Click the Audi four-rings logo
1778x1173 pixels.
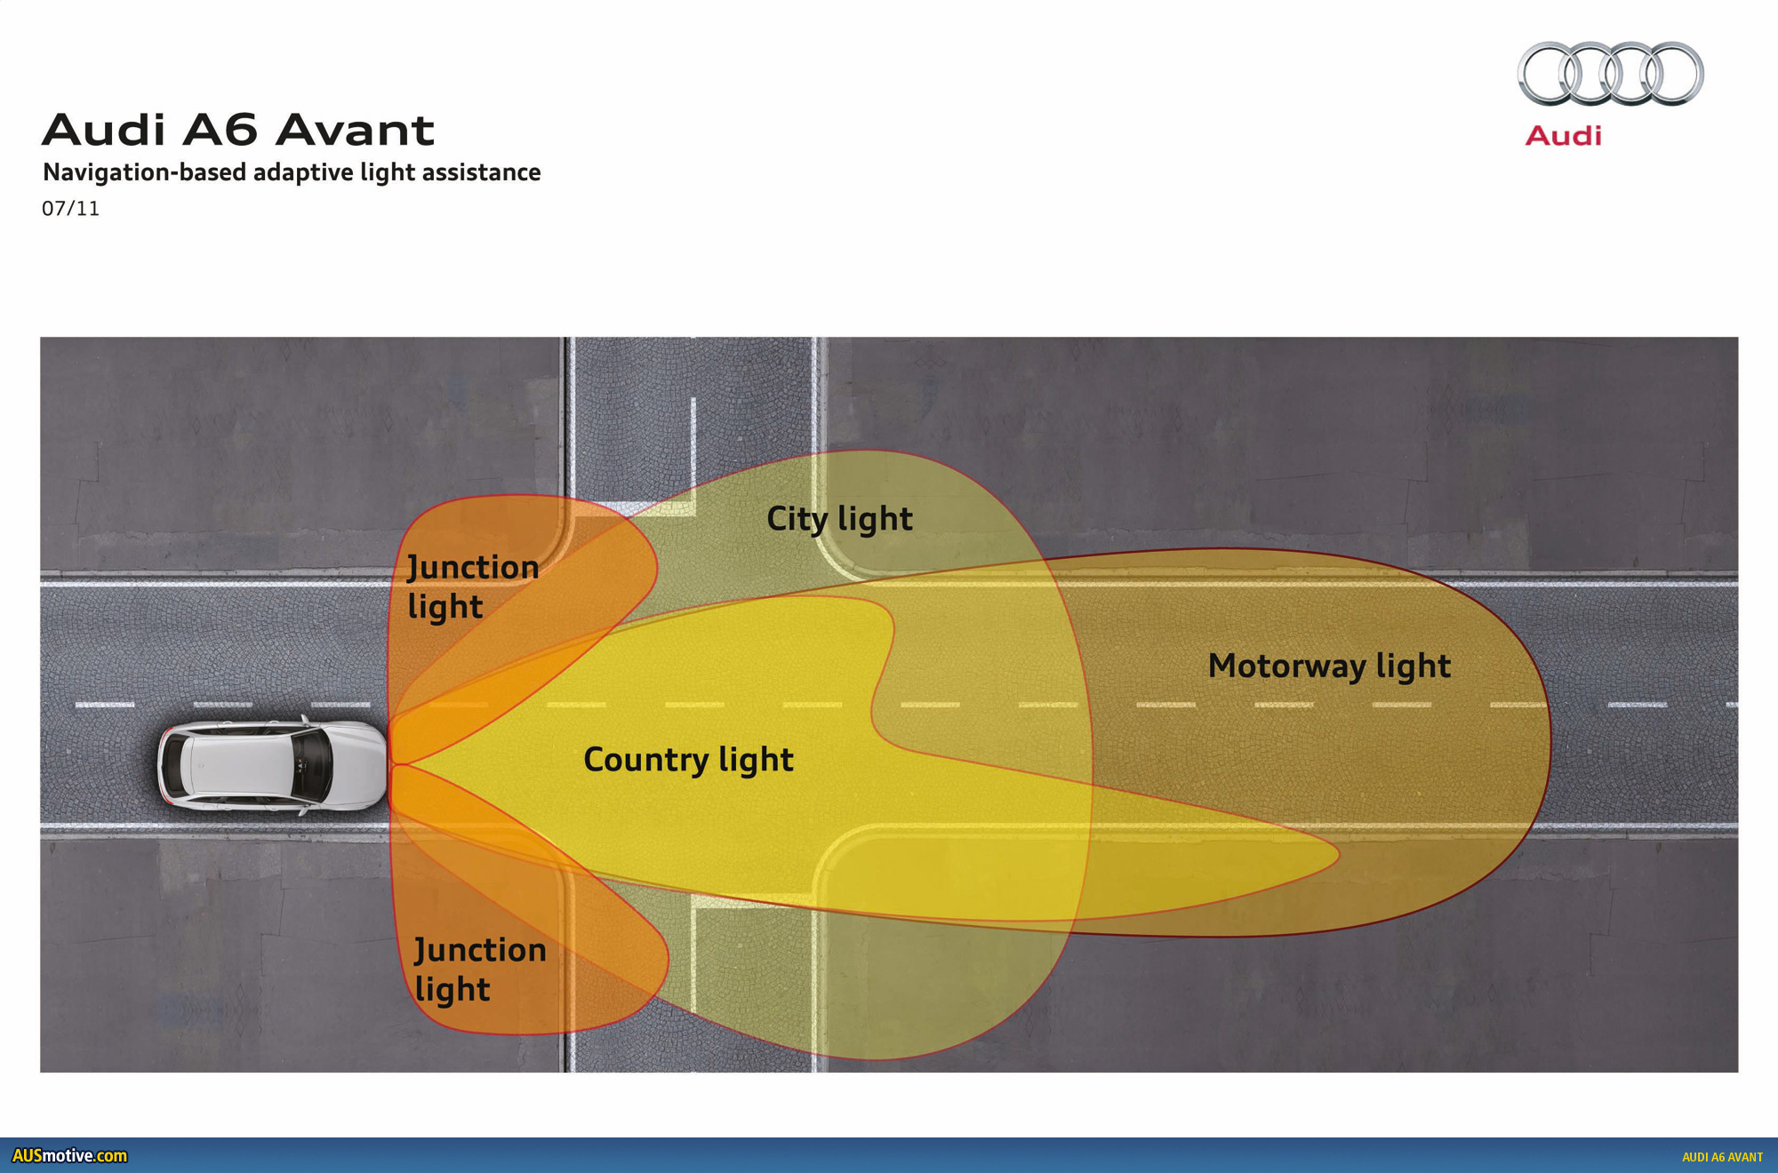[1610, 74]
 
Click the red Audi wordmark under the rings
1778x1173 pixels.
[1563, 136]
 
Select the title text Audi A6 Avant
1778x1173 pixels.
[238, 131]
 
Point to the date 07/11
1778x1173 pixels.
[70, 209]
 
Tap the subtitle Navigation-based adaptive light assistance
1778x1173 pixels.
[292, 172]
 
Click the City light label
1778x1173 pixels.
[839, 519]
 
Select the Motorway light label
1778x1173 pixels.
[1329, 666]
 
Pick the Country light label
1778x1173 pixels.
[688, 760]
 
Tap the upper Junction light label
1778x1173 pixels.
[473, 586]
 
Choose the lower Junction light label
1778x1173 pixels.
[480, 970]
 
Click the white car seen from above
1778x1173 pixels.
[273, 764]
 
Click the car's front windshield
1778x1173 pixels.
[314, 764]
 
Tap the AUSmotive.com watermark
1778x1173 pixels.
[69, 1156]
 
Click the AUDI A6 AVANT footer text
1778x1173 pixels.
[1722, 1157]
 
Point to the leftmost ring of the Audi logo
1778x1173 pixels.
[1550, 74]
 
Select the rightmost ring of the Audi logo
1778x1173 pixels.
[1671, 74]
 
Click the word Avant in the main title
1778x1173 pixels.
[355, 131]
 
